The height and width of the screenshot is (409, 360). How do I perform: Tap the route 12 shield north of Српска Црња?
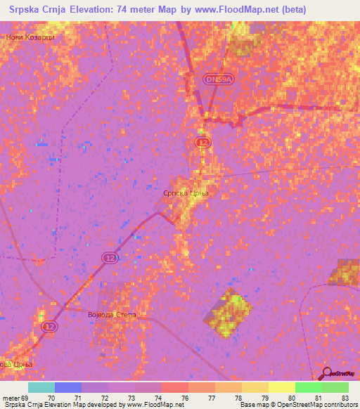click(x=202, y=143)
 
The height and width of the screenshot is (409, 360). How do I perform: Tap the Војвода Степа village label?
click(x=111, y=315)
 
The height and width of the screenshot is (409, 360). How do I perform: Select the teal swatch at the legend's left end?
click(x=41, y=387)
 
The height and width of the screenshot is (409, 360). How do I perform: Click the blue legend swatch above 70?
click(x=68, y=387)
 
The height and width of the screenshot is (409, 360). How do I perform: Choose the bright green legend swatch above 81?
click(x=308, y=387)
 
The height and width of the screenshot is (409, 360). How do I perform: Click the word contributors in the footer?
click(x=340, y=405)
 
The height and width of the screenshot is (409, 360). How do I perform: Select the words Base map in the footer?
click(x=254, y=405)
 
